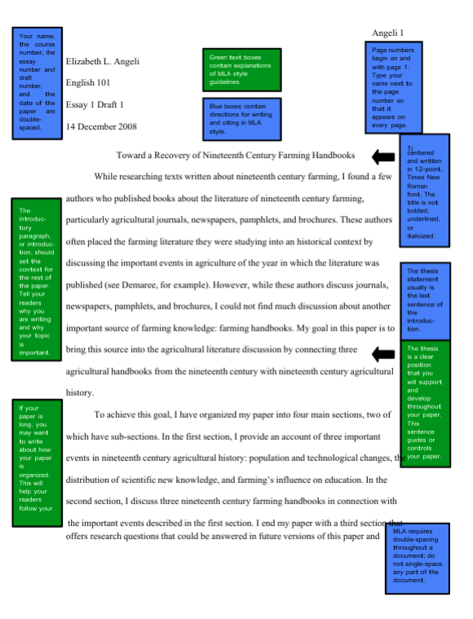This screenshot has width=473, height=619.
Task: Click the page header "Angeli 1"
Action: [x=387, y=33]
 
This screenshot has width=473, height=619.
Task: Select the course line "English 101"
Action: [x=86, y=83]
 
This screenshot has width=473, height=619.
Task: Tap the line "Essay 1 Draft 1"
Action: [x=95, y=105]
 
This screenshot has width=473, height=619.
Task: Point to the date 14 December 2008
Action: [x=101, y=126]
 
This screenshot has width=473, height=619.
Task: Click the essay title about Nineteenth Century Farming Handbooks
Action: [x=236, y=155]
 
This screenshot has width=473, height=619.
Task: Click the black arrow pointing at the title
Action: [x=382, y=156]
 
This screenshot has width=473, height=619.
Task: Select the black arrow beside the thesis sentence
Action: [x=382, y=353]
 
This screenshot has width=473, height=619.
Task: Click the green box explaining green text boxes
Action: [x=241, y=69]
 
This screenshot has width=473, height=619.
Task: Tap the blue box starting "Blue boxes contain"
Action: [x=241, y=118]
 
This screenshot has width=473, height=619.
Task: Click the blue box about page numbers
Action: [x=394, y=88]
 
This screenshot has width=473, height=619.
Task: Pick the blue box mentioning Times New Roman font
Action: [x=425, y=191]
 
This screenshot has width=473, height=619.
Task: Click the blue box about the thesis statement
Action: [x=424, y=301]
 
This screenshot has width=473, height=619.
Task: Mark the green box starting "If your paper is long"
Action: [x=36, y=462]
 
